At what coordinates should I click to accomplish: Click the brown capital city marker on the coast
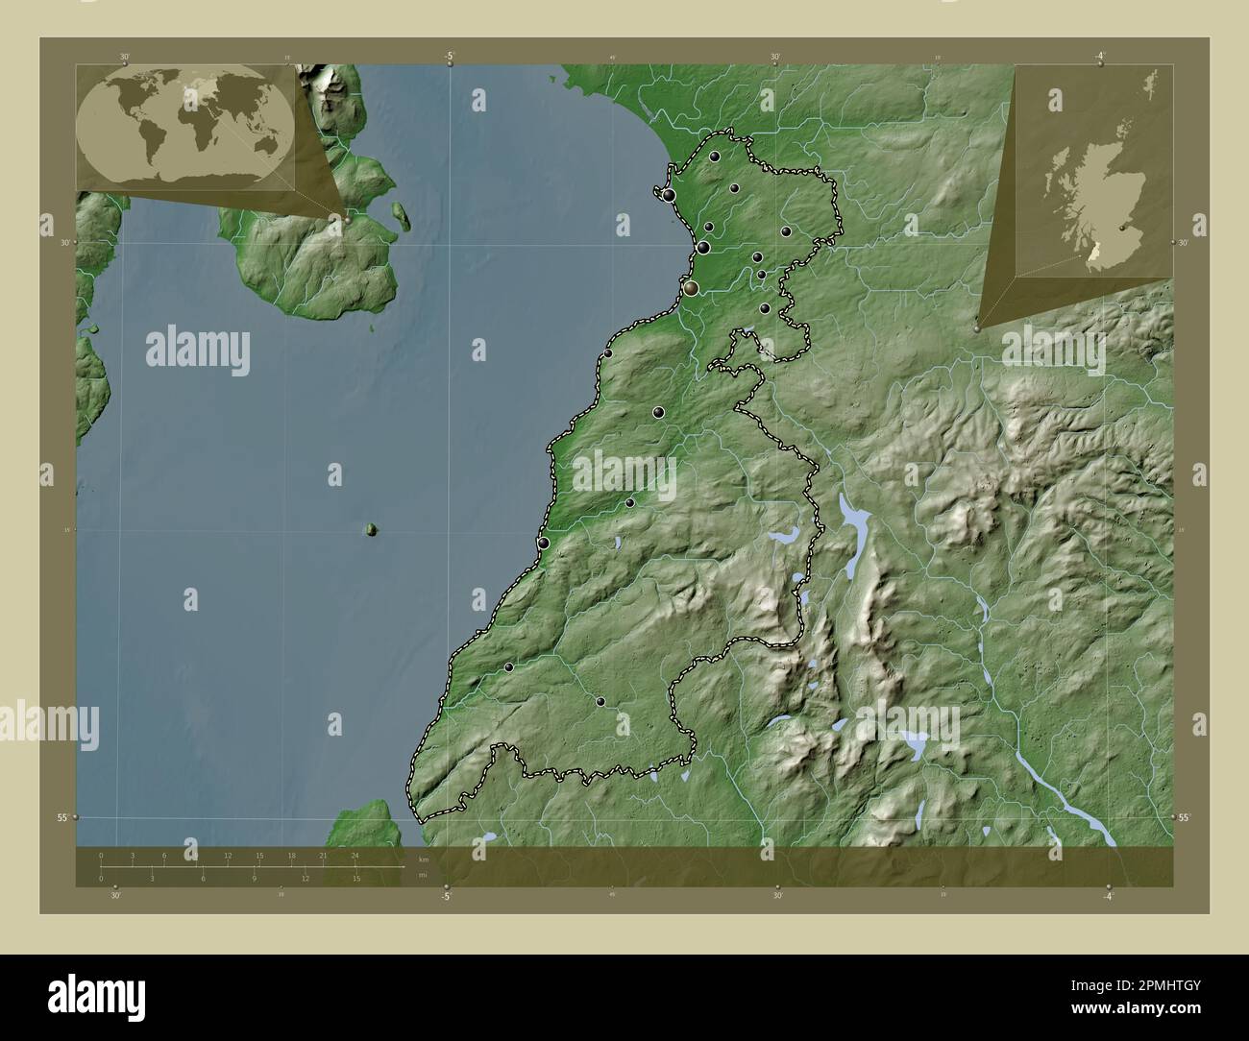[691, 287]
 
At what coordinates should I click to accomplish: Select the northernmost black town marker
[716, 157]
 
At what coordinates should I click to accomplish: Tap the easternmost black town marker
[785, 231]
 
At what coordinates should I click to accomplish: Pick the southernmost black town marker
[600, 702]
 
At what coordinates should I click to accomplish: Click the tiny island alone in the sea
[371, 529]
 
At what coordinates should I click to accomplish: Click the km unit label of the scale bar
[421, 858]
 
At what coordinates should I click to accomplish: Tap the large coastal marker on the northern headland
[669, 196]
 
